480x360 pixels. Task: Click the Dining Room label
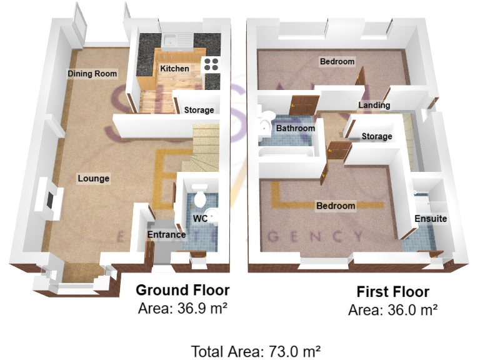92,74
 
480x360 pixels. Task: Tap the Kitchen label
174,68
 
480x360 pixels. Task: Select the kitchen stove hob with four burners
212,63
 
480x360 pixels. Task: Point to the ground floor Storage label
199,110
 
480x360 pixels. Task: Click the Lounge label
94,179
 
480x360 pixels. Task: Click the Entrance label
166,235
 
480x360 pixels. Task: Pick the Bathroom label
296,128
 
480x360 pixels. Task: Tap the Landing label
374,105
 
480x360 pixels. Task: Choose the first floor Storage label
377,136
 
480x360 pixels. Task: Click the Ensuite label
431,219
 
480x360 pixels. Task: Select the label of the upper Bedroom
337,61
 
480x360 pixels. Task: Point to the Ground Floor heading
182,290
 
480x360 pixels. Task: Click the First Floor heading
392,292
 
